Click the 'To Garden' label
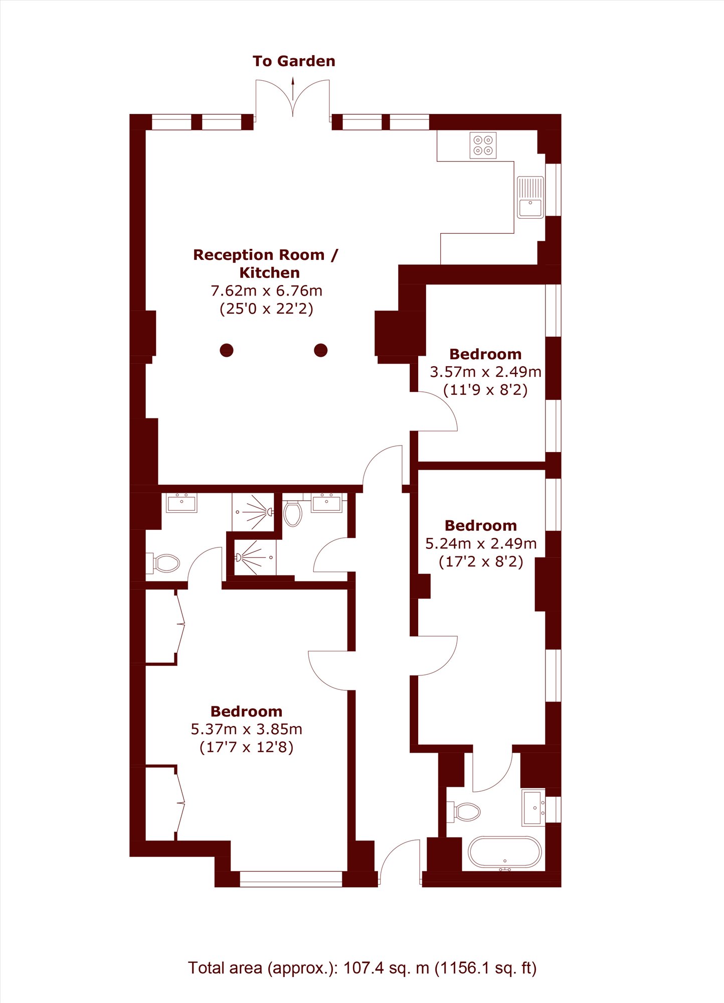[x=294, y=61]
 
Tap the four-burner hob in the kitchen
[x=483, y=145]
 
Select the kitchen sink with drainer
[x=530, y=197]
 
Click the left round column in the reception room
[x=227, y=350]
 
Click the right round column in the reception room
[x=321, y=350]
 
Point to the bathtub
[x=505, y=852]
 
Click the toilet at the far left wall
[x=163, y=563]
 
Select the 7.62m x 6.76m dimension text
[x=266, y=291]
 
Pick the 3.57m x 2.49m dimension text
[x=485, y=372]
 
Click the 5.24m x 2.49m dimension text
[x=481, y=543]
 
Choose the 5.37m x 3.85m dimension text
[x=246, y=729]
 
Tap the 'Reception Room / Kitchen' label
[x=266, y=263]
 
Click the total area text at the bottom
[x=362, y=967]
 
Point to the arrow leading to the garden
[x=293, y=88]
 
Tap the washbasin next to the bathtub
[x=533, y=808]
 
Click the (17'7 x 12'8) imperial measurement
[x=246, y=747]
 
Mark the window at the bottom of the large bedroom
[x=291, y=879]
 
